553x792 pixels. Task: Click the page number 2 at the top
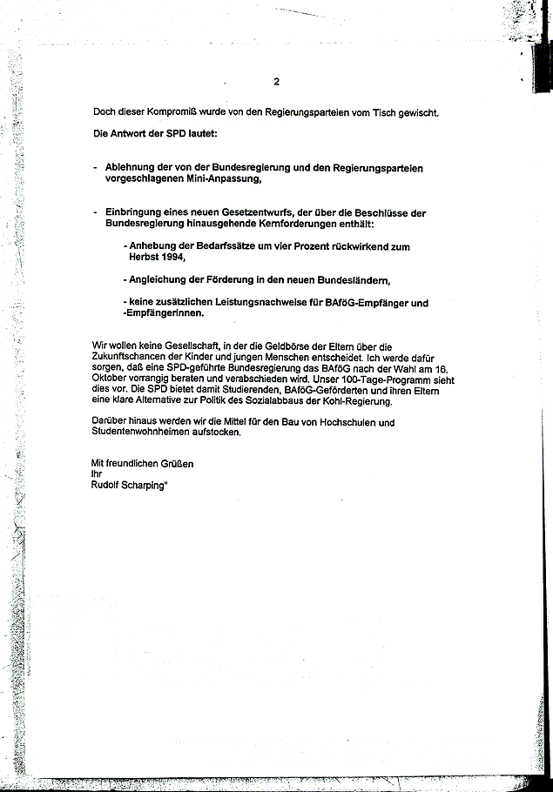coord(276,83)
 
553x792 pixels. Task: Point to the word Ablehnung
coord(132,167)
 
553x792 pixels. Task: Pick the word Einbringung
coord(134,212)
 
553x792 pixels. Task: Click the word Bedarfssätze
coord(215,247)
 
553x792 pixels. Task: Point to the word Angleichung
coord(165,280)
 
